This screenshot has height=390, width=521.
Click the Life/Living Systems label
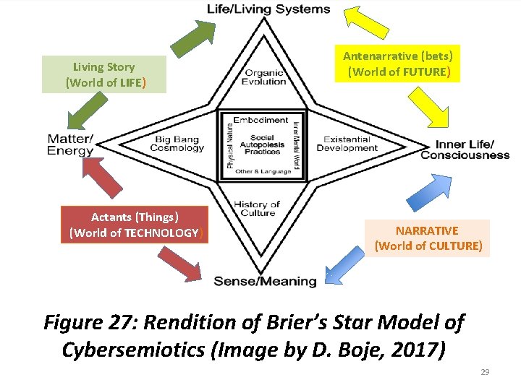tap(268, 9)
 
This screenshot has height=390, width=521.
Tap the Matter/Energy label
tap(70, 144)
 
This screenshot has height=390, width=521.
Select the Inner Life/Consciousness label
tap(465, 149)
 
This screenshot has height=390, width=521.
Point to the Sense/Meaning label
tap(265, 281)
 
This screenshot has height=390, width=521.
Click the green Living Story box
tap(104, 74)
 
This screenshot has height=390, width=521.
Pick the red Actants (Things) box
tap(135, 225)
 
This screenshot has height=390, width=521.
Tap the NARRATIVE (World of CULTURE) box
tap(427, 238)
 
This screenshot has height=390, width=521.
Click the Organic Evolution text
tap(265, 77)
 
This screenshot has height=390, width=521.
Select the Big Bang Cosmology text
tap(177, 144)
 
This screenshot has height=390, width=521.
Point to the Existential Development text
tap(351, 144)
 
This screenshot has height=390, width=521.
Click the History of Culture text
tap(258, 209)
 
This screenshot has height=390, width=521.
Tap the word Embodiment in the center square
tap(261, 120)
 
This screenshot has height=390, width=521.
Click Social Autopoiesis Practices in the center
tap(262, 144)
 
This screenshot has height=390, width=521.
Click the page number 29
tap(485, 372)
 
